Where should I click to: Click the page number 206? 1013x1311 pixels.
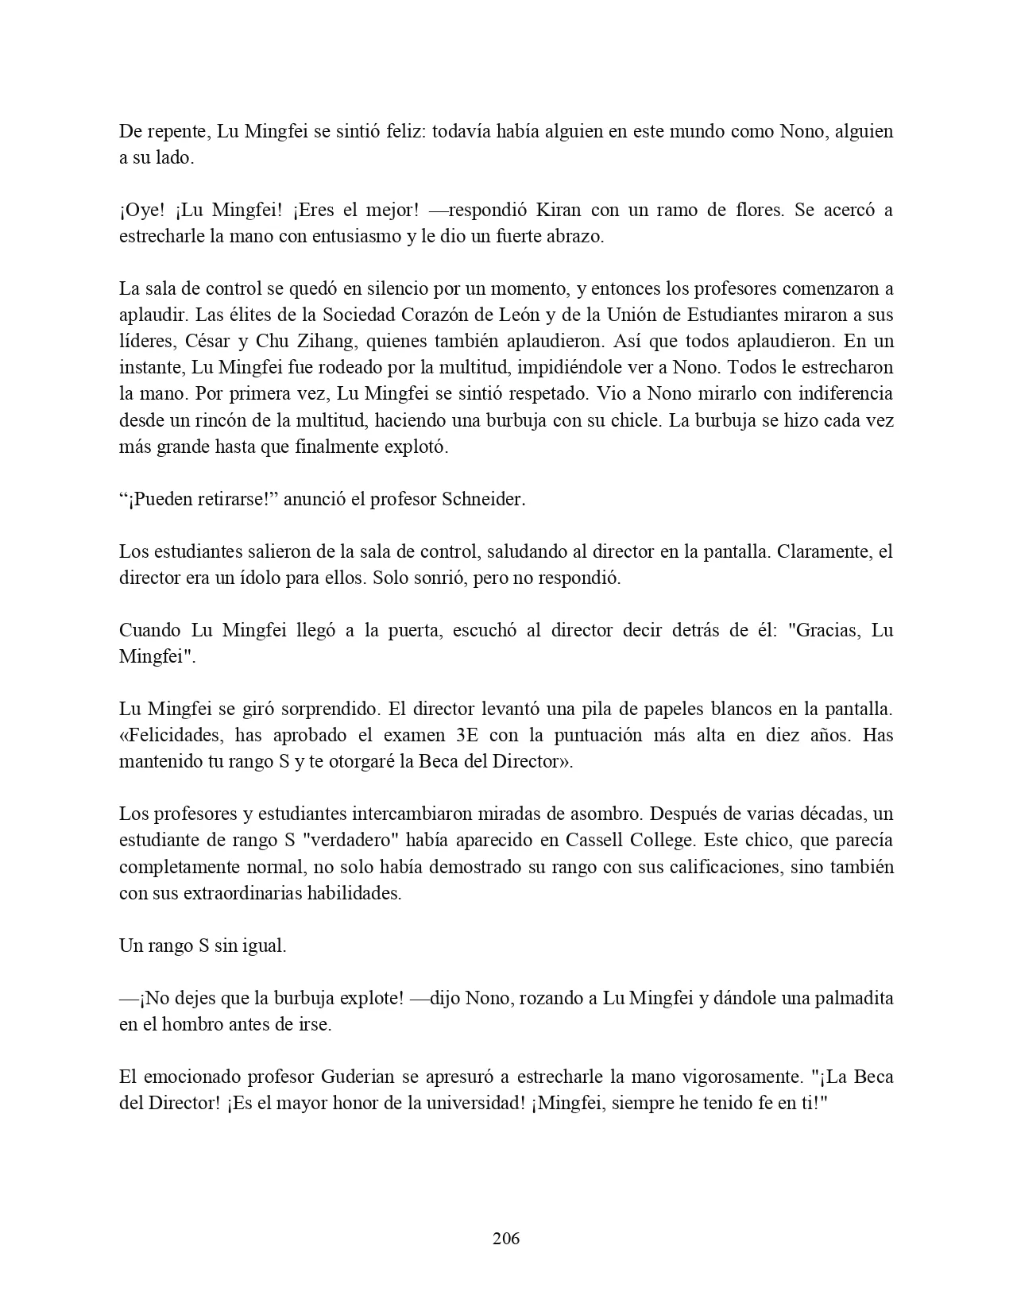(506, 1239)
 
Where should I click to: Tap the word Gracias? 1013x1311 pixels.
(817, 631)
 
